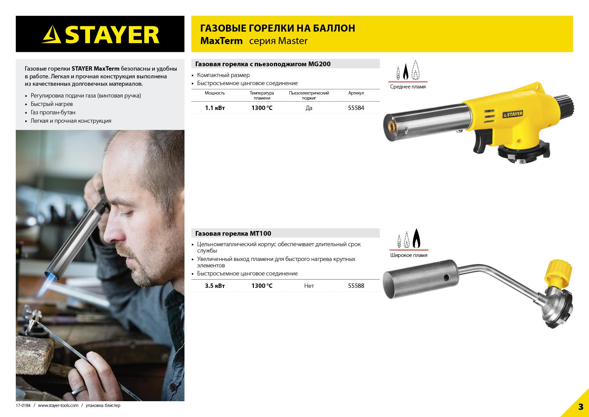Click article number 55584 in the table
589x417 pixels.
pos(356,108)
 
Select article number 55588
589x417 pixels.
pos(356,286)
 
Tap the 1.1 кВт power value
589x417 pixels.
pos(215,108)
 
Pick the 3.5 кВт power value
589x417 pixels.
pos(215,286)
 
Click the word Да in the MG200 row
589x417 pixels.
pos(309,108)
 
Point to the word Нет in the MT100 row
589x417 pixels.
pos(309,286)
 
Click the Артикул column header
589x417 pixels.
pos(356,93)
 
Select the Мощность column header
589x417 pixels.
pos(215,93)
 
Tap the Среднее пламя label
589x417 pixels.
pos(408,87)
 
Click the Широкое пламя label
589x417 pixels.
pos(409,255)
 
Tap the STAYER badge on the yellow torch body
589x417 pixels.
pos(513,114)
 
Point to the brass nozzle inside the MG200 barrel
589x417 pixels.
pos(392,127)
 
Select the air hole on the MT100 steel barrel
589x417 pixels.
pos(446,277)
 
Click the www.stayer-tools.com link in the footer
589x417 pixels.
pos(58,406)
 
